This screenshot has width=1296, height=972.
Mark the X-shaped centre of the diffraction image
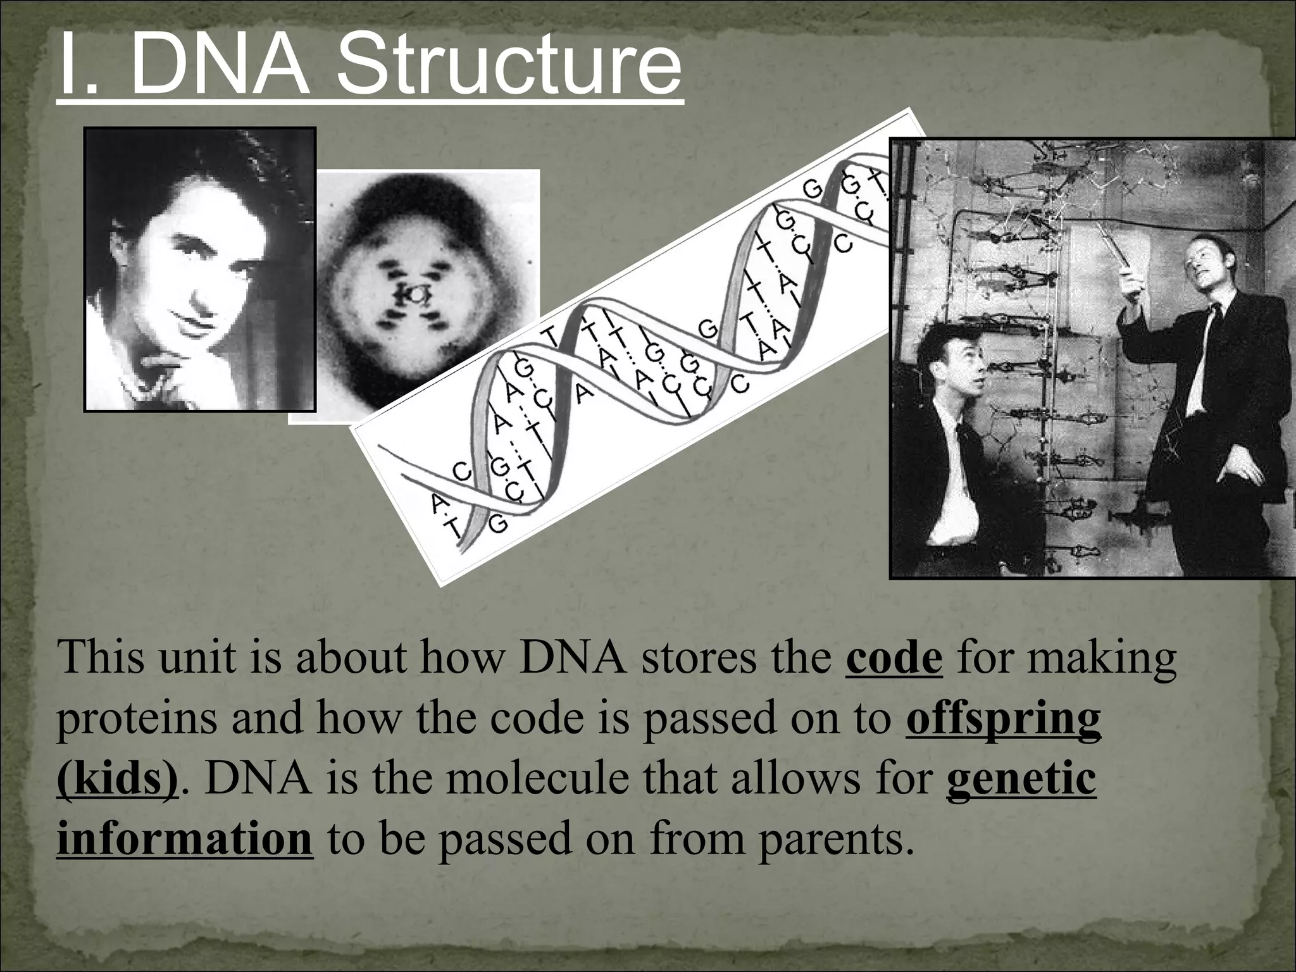coord(415,294)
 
